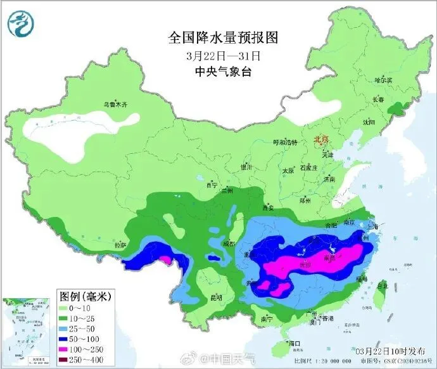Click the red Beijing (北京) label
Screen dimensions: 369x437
click(322, 139)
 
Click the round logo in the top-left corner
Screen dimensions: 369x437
click(20, 23)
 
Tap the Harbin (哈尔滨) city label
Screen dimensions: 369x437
click(384, 80)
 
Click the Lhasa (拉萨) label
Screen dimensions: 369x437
click(120, 244)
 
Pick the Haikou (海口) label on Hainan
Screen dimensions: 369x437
click(293, 344)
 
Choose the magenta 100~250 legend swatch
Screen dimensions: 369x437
click(70, 349)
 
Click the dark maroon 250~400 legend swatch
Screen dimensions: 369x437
click(70, 360)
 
